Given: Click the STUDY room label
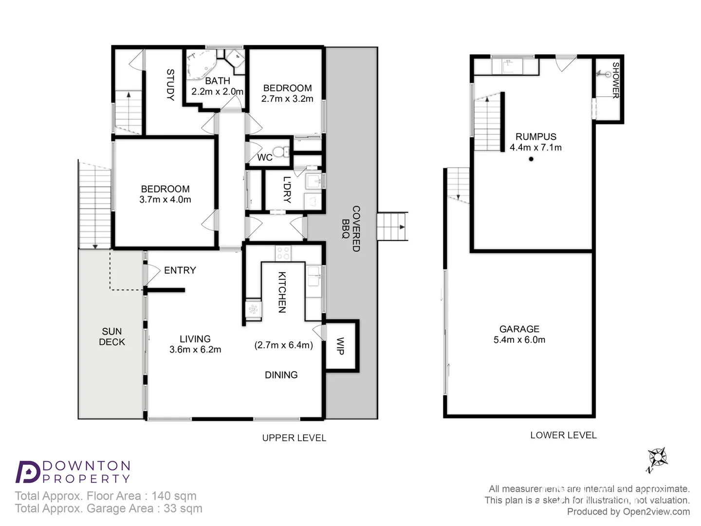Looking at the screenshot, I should (x=170, y=85).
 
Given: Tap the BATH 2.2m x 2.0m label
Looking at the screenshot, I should (x=217, y=86).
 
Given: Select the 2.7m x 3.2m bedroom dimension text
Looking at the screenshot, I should (x=287, y=99).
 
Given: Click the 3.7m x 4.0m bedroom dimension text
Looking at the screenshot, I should (x=165, y=200).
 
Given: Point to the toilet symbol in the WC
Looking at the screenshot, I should (x=279, y=152).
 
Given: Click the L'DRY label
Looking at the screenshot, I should (x=287, y=189).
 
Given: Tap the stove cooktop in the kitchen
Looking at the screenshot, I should (x=283, y=253).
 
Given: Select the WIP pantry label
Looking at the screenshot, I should (x=340, y=346).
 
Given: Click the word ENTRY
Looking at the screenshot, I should (x=180, y=270).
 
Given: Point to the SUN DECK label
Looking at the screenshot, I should (x=112, y=337).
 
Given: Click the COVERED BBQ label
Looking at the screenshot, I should (x=351, y=228).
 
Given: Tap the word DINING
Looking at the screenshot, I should (x=281, y=375).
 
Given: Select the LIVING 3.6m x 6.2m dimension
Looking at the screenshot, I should (x=195, y=350).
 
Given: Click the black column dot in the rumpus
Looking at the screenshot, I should (x=531, y=159).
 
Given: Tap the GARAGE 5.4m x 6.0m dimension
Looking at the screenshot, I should (x=519, y=340).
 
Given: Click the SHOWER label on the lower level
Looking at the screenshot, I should (x=616, y=80).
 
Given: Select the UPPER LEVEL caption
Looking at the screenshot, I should (x=294, y=438).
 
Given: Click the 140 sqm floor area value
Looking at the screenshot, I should (x=174, y=496).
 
